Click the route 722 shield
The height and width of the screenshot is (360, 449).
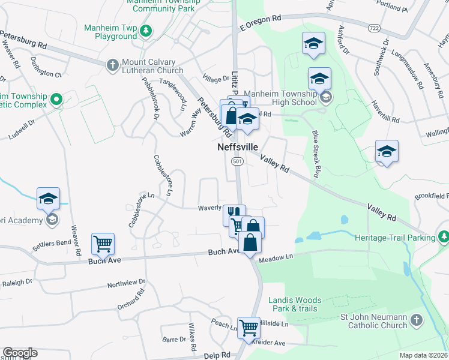click(375, 28)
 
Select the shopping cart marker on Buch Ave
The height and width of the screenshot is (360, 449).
click(103, 244)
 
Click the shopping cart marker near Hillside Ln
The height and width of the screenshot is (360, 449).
click(249, 328)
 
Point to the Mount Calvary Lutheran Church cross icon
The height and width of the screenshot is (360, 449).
click(112, 64)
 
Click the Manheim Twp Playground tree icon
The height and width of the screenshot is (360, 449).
click(145, 30)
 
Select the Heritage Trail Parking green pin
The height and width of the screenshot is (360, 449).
click(443, 237)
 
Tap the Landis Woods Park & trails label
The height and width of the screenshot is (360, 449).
click(295, 304)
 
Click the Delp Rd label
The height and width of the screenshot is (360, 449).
click(217, 355)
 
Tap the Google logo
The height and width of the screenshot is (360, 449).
click(20, 353)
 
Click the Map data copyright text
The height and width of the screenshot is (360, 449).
click(423, 355)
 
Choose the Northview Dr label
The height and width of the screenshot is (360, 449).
click(126, 283)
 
